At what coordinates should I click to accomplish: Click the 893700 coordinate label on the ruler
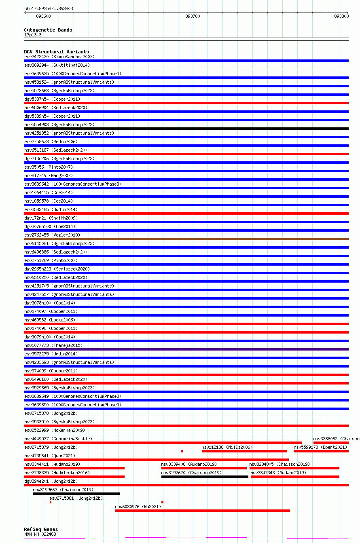coord(193,16)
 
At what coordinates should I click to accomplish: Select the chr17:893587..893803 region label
coord(49,8)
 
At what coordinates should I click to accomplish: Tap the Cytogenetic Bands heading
coord(48,30)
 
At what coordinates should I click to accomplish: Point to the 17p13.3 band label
coord(32,35)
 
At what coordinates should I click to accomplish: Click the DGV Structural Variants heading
coord(56,52)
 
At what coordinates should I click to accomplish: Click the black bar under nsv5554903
coord(186,129)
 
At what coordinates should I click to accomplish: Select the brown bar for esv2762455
coord(186,239)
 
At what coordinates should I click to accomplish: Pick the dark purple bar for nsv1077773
coord(186,349)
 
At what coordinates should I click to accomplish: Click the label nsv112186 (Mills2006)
coord(227,447)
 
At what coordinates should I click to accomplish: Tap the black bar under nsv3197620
coord(205,477)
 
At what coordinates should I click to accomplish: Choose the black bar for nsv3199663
coord(76,494)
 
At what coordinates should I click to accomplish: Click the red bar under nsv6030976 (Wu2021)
coord(202,511)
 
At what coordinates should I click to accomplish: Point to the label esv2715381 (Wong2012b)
coord(76,498)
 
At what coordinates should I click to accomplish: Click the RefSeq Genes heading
coord(41,529)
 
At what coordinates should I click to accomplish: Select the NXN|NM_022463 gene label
coord(40,534)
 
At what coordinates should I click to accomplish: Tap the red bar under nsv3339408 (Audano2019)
coord(204,468)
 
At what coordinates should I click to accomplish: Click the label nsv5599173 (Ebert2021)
coord(320,447)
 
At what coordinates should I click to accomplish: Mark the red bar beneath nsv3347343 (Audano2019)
coord(295,477)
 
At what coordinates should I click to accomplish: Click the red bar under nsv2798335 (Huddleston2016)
coord(74,477)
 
